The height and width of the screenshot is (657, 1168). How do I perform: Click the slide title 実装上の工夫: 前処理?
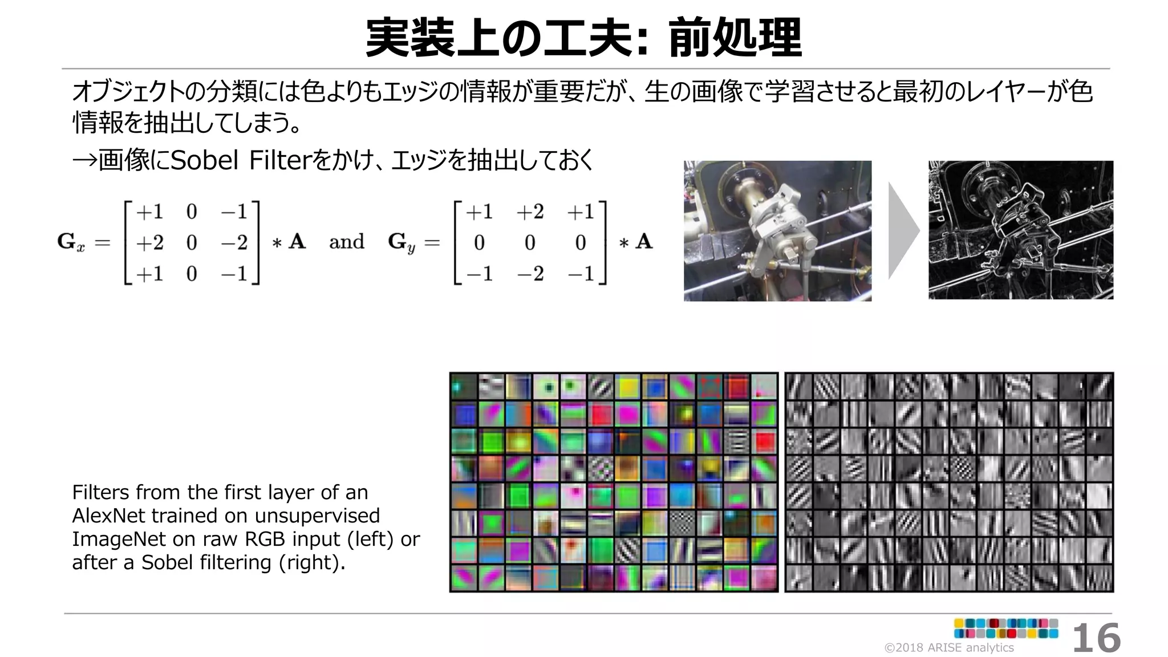tap(583, 38)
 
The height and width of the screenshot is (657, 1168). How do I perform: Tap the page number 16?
tap(1096, 638)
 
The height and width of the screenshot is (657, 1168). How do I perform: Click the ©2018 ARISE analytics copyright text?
tap(948, 647)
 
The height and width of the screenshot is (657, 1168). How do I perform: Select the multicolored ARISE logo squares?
tap(1006, 628)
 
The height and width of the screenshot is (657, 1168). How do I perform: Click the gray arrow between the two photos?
tap(903, 230)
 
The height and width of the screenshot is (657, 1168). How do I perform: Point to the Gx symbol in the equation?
tap(71, 242)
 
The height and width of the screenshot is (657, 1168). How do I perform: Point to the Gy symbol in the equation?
tap(401, 242)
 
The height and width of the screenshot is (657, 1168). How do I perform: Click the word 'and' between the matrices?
tap(346, 242)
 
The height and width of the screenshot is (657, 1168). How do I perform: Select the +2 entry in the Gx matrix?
tap(149, 243)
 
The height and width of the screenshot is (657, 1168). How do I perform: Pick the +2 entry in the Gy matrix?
tap(530, 212)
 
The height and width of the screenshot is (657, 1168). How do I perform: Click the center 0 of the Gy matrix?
tap(530, 243)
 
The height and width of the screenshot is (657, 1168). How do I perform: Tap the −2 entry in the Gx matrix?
tap(234, 243)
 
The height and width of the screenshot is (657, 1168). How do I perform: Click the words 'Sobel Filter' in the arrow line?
tap(239, 160)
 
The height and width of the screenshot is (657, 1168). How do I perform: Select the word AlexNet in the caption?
tap(108, 516)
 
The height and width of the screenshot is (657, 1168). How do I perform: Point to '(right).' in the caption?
tap(312, 562)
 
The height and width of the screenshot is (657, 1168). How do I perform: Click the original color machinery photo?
tap(777, 230)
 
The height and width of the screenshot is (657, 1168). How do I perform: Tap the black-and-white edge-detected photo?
tap(1020, 230)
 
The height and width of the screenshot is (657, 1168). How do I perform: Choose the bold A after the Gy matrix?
tap(644, 242)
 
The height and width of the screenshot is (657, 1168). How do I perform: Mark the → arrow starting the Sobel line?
tap(84, 160)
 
